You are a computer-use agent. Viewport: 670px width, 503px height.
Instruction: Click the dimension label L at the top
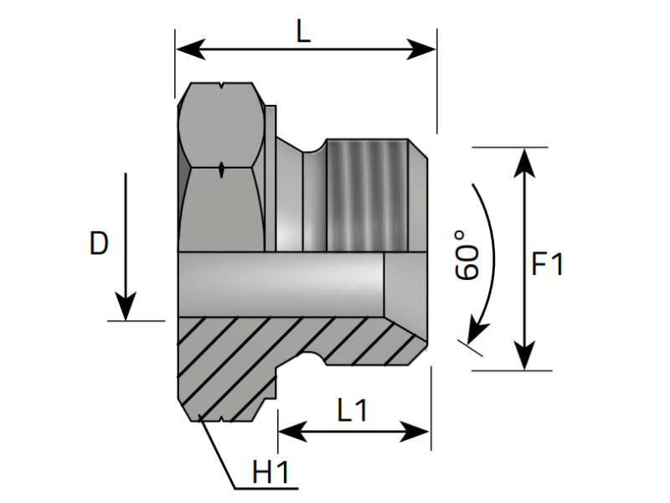pyautogui.click(x=303, y=32)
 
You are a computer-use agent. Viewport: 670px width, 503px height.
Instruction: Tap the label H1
pyautogui.click(x=271, y=473)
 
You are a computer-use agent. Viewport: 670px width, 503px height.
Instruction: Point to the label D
pyautogui.click(x=99, y=244)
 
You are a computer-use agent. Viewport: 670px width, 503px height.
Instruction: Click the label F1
pyautogui.click(x=549, y=265)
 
